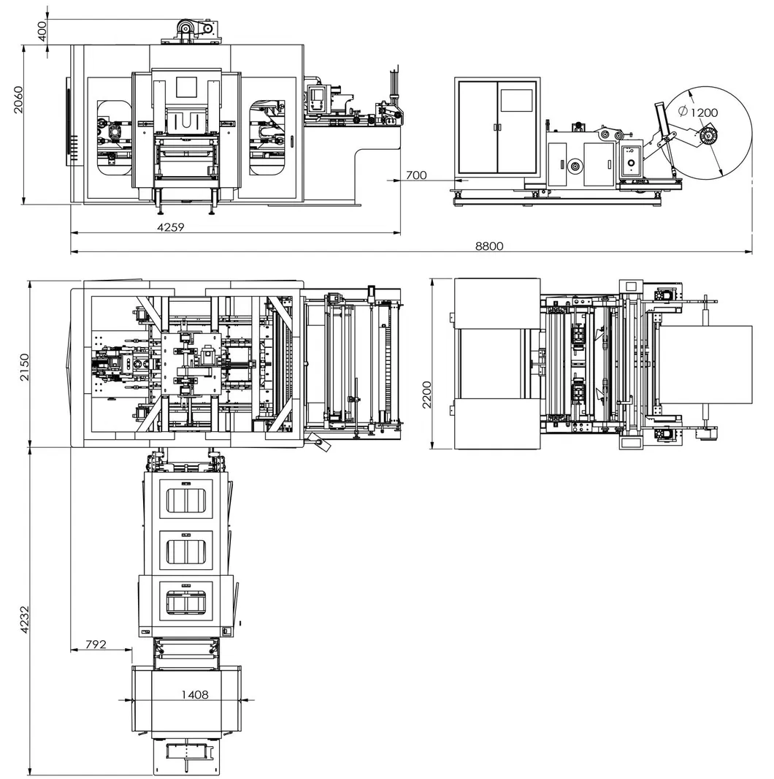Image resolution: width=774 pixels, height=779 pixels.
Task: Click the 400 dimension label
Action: point(42,30)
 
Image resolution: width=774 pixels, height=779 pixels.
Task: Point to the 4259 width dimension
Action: point(170,227)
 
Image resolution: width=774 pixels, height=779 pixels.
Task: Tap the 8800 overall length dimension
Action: point(489,246)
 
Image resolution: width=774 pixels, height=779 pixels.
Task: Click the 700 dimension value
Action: point(415,175)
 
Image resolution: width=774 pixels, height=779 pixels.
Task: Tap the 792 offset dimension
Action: point(96,644)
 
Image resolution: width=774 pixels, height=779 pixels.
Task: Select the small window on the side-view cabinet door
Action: point(516,100)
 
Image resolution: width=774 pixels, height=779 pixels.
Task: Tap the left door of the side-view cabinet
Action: point(477,127)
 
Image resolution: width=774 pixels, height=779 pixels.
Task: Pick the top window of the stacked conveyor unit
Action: point(186,501)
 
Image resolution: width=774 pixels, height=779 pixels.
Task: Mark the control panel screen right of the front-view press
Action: point(317,98)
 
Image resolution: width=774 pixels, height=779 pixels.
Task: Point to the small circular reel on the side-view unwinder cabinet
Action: point(575,167)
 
